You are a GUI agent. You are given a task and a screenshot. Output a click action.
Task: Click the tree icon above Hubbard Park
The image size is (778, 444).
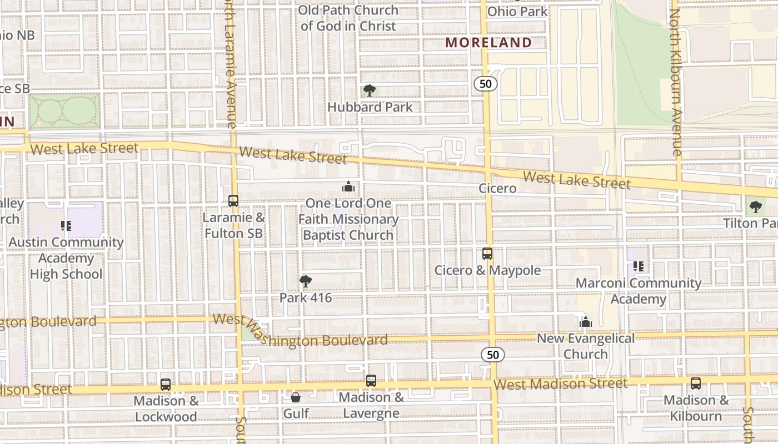[x=369, y=90]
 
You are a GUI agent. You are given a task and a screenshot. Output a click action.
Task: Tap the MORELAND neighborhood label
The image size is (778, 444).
[x=488, y=43]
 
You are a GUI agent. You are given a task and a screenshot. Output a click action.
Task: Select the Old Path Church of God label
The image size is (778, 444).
[x=348, y=18]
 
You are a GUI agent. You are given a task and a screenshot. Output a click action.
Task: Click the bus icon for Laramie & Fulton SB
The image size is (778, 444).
[x=233, y=201]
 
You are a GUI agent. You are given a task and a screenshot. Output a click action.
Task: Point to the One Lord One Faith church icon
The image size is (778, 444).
[x=348, y=187]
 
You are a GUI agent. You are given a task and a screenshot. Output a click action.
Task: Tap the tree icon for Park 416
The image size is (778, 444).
[x=305, y=281]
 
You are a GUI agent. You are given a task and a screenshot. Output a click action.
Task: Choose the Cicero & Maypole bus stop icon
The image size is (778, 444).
[x=487, y=254]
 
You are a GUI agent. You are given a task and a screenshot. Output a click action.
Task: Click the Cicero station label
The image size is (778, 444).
[x=497, y=188]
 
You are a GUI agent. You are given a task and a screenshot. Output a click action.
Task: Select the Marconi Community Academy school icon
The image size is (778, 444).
[x=639, y=266]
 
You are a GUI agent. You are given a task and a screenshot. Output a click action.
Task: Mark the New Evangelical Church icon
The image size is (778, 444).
[x=585, y=322]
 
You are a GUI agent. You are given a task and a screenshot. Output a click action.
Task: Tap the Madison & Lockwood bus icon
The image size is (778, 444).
[x=166, y=384]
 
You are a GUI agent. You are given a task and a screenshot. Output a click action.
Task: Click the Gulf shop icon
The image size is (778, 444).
[x=296, y=397]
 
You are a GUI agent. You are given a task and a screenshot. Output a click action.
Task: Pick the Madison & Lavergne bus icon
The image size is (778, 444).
[x=371, y=381]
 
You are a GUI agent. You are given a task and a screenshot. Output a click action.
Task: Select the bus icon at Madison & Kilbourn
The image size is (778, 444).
[x=696, y=383]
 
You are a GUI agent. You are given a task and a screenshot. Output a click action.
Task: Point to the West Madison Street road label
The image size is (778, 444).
[x=560, y=384]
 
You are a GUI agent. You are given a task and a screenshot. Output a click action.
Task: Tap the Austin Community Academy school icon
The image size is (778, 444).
[x=66, y=226]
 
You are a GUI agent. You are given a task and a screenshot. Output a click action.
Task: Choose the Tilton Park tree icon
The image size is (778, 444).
[x=755, y=207]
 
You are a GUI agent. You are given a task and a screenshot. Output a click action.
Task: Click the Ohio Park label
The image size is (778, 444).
[x=517, y=11]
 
